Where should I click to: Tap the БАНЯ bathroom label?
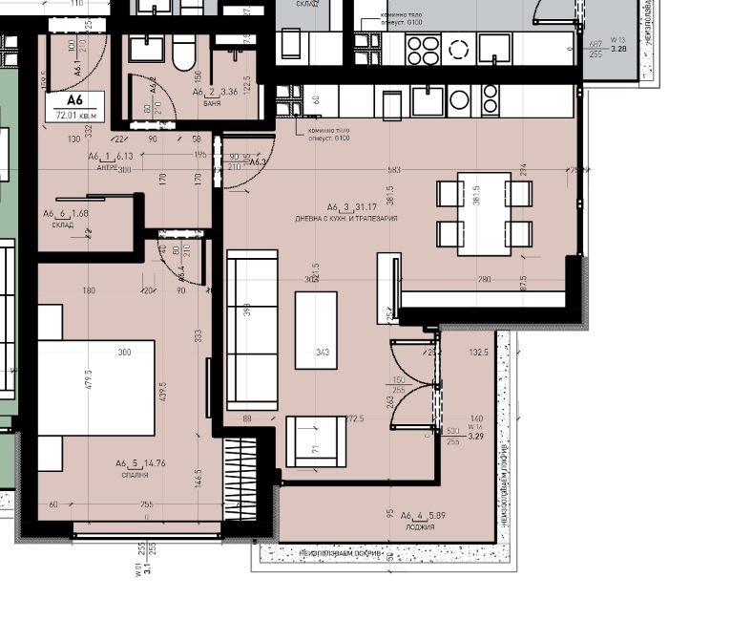click(x=214, y=103)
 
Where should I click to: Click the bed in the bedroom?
click(x=95, y=388)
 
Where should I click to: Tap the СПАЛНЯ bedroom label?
click(x=134, y=475)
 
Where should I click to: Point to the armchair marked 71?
click(x=316, y=441)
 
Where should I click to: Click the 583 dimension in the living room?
click(x=393, y=170)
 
